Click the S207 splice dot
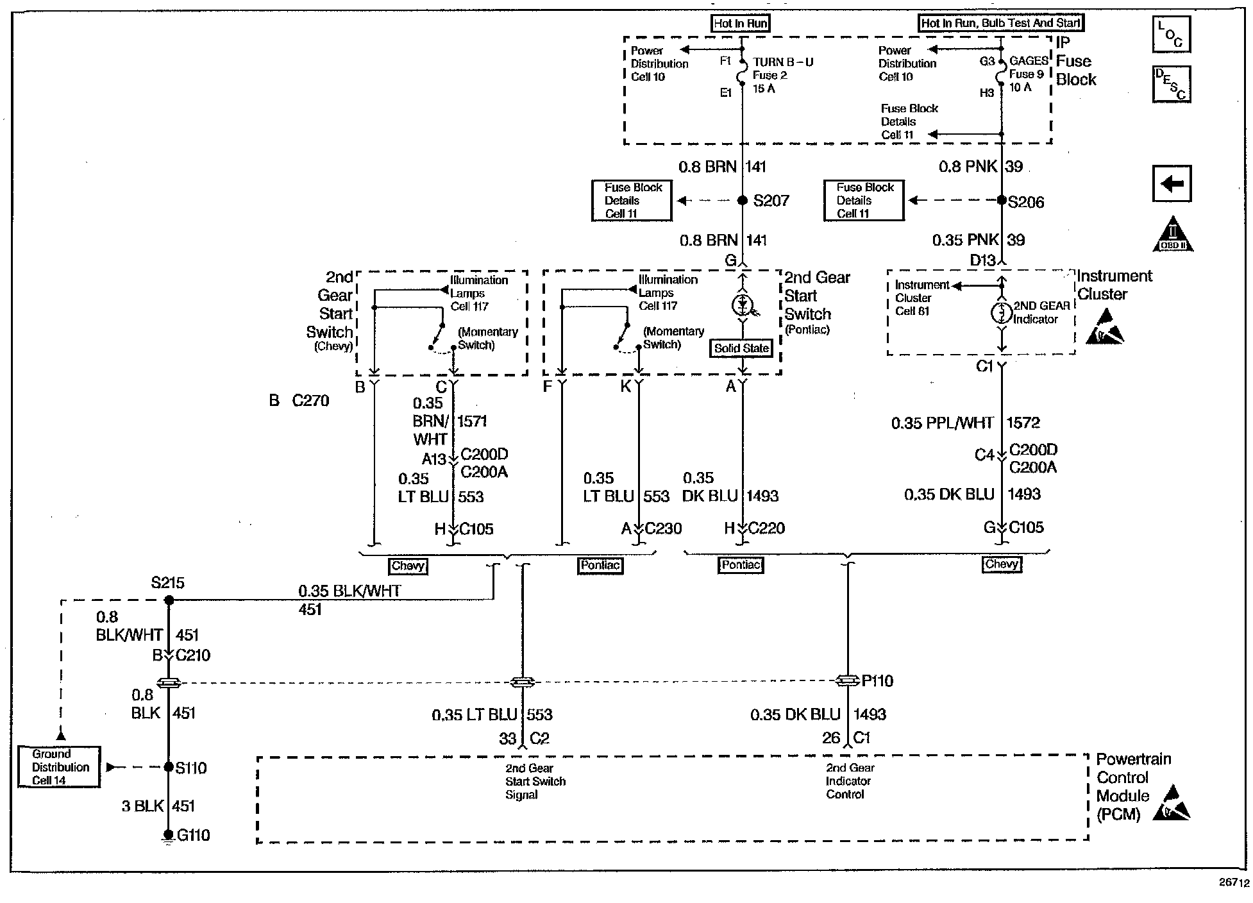pos(743,201)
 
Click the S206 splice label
pos(1026,202)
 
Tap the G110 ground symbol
pos(168,836)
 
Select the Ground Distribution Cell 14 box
pos(59,767)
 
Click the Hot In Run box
pos(741,24)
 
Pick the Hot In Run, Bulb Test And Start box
pos(1000,23)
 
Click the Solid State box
pos(741,348)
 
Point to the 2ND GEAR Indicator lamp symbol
pos(1001,314)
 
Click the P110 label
pos(877,681)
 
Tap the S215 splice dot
pos(169,600)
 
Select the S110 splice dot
pos(169,767)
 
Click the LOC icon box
pos(1171,34)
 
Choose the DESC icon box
pos(1171,84)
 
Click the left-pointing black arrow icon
pos(1172,184)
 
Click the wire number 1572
pos(1023,423)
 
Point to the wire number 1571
pos(472,421)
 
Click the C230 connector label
pos(663,528)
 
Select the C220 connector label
pos(766,528)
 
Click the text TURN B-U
pos(783,62)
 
